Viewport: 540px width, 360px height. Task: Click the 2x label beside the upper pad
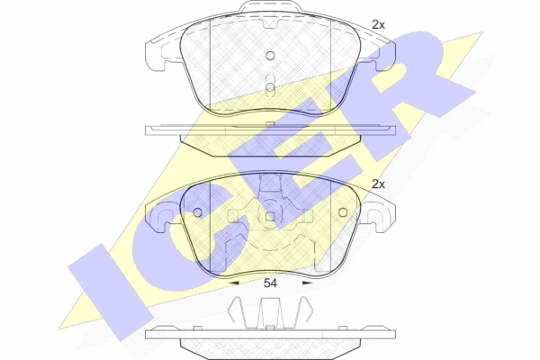[x=378, y=25]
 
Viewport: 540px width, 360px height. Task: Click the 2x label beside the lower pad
[x=378, y=184]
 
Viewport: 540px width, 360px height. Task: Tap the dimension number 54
[x=270, y=283]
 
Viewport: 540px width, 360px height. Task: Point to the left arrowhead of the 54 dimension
[x=234, y=283]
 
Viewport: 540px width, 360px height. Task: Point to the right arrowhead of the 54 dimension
[x=307, y=283]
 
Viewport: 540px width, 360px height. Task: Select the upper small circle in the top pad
[x=271, y=56]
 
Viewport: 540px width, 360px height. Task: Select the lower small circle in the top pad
[x=271, y=87]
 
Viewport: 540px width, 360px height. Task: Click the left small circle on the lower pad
[x=198, y=212]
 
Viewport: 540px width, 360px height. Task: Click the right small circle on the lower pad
[x=343, y=212]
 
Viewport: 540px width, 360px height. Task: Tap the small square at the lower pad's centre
[x=271, y=217]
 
